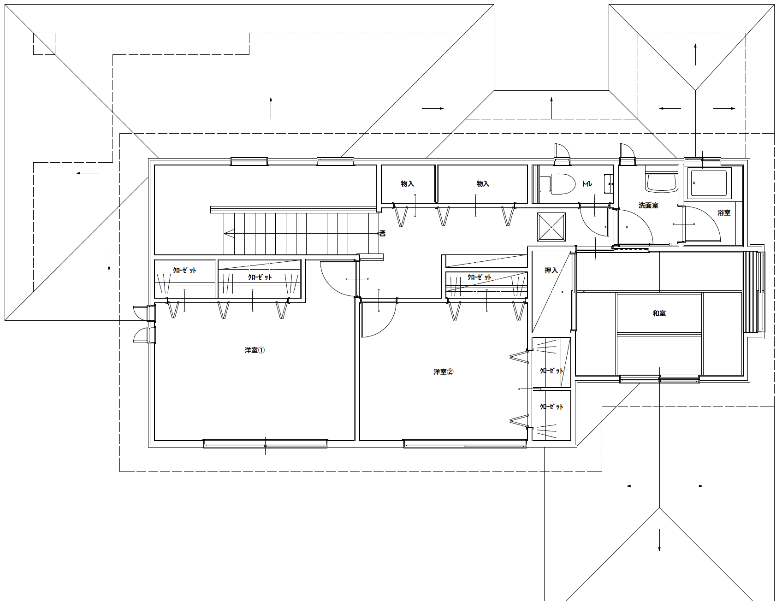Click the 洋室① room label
[x=255, y=350]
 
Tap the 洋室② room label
[x=443, y=371]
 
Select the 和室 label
[x=659, y=313]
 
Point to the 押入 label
[x=551, y=270]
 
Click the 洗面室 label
[x=648, y=206]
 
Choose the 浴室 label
[x=724, y=212]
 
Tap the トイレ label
[x=587, y=184]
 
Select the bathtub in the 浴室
[x=709, y=184]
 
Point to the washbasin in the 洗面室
[x=661, y=182]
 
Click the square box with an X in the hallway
[x=551, y=227]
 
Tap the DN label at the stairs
[x=382, y=233]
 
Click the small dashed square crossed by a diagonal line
[x=44, y=43]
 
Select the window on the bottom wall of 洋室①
[x=265, y=444]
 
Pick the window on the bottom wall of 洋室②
[x=465, y=444]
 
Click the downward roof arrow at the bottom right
[x=659, y=540]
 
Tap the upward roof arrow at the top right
[x=695, y=54]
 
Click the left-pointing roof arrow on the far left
[x=88, y=173]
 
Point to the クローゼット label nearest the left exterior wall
[x=184, y=270]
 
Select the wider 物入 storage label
[x=482, y=184]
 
